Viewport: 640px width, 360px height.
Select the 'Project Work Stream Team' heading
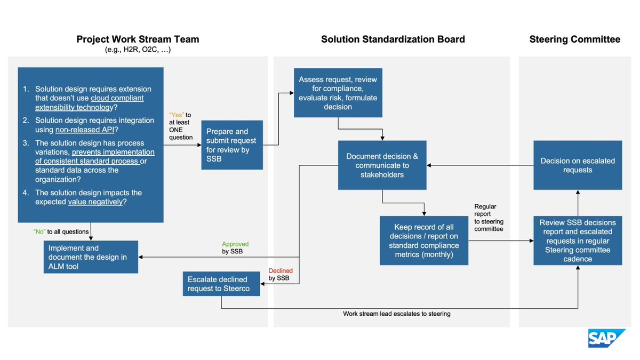[x=138, y=39]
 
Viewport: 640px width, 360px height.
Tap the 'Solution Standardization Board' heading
[x=393, y=39]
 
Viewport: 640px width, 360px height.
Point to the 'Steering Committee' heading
[x=574, y=39]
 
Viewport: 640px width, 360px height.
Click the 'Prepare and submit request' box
[x=231, y=145]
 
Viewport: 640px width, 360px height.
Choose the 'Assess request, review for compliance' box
[x=338, y=93]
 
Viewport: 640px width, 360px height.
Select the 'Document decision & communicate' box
[x=382, y=165]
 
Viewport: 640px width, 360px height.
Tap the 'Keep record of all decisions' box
[x=423, y=240]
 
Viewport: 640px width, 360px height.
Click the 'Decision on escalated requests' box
[x=578, y=165]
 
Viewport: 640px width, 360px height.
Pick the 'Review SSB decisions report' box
[x=578, y=241]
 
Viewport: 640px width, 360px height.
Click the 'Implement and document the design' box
[x=91, y=257]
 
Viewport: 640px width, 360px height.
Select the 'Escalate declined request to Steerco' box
[x=221, y=284]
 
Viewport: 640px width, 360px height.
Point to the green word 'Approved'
[x=236, y=244]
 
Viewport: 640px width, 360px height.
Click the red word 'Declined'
[x=281, y=271]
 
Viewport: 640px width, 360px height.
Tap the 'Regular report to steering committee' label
[x=488, y=218]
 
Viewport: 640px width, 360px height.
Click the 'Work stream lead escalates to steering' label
[x=396, y=314]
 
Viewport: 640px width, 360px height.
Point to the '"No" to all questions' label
[x=61, y=231]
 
